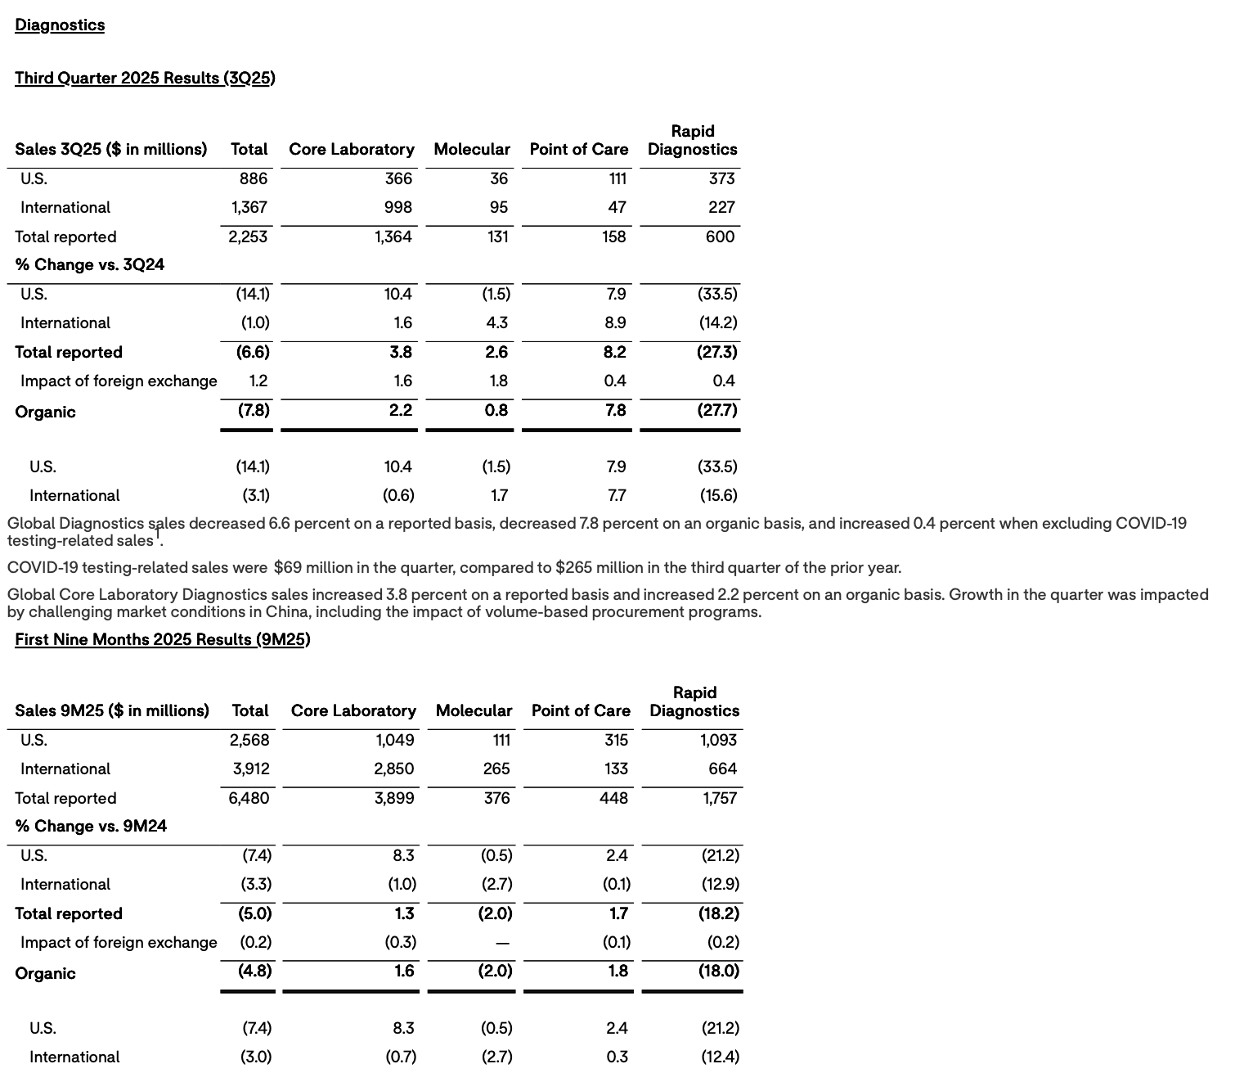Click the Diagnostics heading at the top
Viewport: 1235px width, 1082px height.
pyautogui.click(x=60, y=25)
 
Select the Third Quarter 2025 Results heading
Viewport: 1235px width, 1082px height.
pyautogui.click(x=145, y=78)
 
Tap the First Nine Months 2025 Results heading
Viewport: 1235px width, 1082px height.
pyautogui.click(x=162, y=639)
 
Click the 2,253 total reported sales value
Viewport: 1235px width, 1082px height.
pyautogui.click(x=248, y=237)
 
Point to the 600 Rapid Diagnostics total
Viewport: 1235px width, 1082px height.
pyautogui.click(x=720, y=237)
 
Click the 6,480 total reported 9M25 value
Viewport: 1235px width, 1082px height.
pyautogui.click(x=249, y=798)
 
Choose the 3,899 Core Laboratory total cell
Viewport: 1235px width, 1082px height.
pyautogui.click(x=394, y=798)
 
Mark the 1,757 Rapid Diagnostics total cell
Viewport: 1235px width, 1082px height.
pyautogui.click(x=720, y=798)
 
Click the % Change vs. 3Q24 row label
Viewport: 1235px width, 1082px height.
pyautogui.click(x=90, y=264)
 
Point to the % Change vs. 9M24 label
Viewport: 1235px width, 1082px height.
pyautogui.click(x=91, y=826)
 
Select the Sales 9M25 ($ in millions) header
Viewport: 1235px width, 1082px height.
pyautogui.click(x=112, y=710)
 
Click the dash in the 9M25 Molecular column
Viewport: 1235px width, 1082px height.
pyautogui.click(x=503, y=943)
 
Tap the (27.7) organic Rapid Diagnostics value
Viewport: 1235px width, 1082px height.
pyautogui.click(x=717, y=410)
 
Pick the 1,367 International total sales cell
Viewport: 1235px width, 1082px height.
pyautogui.click(x=249, y=207)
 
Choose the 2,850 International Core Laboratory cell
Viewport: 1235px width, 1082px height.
pyautogui.click(x=394, y=769)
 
